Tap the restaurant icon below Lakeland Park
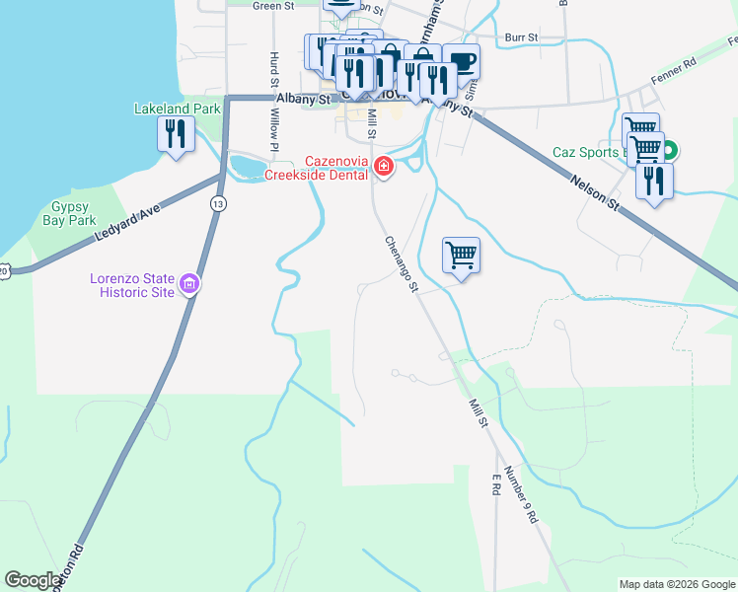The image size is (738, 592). [176, 132]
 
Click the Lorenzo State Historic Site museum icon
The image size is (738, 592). [189, 286]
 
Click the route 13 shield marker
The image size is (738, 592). [217, 203]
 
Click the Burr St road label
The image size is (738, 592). [520, 37]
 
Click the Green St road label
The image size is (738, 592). [273, 6]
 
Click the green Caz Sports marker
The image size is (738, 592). [670, 152]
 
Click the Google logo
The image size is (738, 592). [34, 580]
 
